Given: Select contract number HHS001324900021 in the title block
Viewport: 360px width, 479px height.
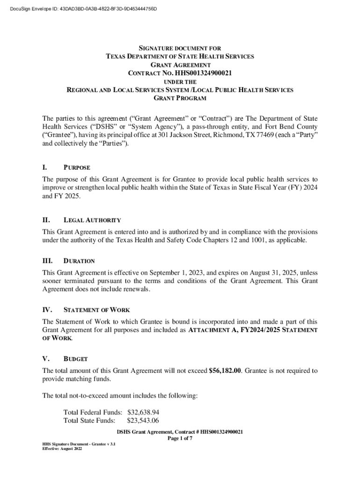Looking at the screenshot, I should tap(203, 73).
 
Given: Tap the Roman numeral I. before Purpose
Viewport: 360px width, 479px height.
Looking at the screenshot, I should tap(45, 167).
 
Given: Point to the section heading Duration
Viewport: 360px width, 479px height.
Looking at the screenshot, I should tap(79, 261).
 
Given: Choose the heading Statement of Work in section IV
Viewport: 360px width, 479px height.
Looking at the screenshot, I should tap(96, 310).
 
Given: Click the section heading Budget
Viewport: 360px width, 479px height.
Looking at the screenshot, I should tap(75, 359).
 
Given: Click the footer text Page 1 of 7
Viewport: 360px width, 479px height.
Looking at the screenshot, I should tap(180, 439).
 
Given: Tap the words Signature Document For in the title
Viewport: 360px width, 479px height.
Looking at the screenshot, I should tap(180, 48).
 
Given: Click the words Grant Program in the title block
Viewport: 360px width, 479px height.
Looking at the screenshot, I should tap(180, 98).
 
